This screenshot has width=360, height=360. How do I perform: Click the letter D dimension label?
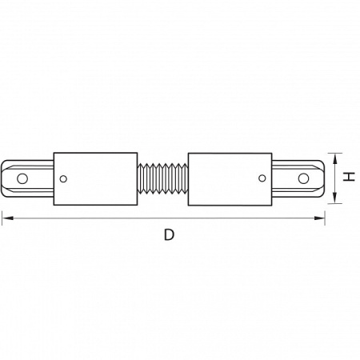coord(169,235)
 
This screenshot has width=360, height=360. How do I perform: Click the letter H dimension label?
coord(349,177)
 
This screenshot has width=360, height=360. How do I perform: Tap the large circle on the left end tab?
coord(22,178)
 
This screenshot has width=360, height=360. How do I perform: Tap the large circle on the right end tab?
coord(303,178)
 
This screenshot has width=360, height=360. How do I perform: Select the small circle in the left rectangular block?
coord(63,179)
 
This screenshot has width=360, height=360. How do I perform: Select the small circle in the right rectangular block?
coord(262,178)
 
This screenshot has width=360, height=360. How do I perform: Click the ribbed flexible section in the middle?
coord(162,178)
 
